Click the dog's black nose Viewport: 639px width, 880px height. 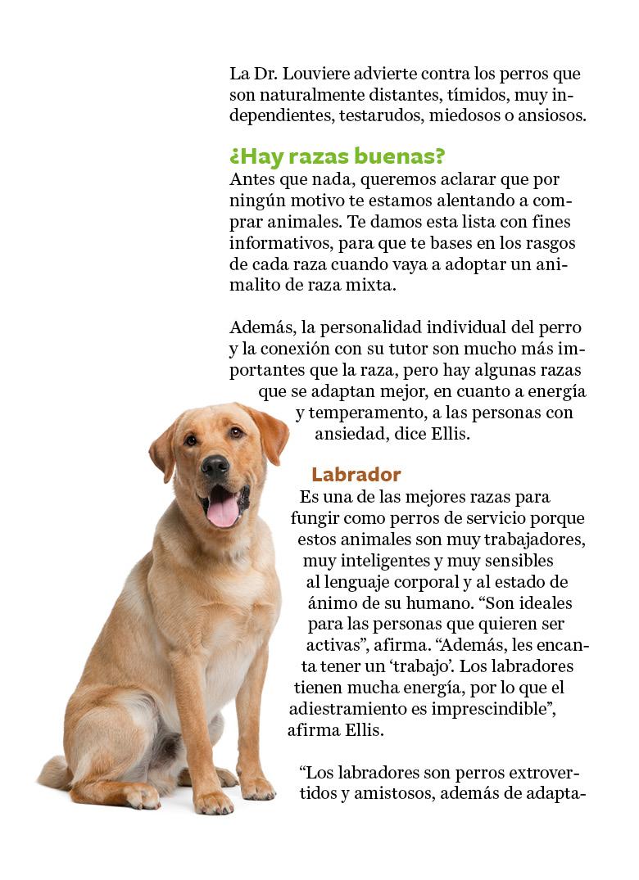coord(215,467)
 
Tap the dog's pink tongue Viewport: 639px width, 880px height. coord(222,510)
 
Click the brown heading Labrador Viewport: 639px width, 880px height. coord(356,475)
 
